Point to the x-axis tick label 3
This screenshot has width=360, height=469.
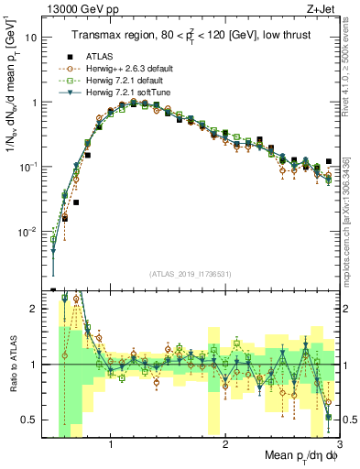(338, 444)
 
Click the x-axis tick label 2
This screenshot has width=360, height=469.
(225, 444)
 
